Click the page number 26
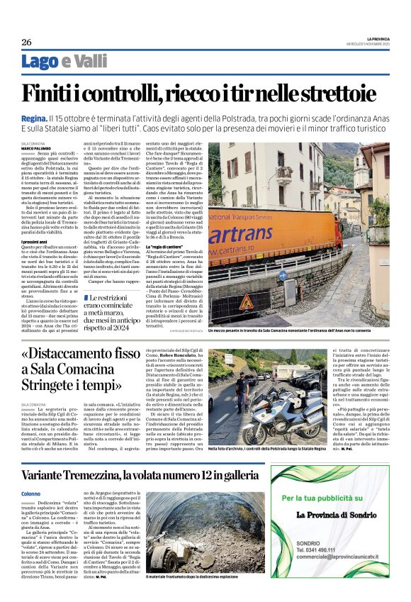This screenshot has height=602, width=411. (26, 43)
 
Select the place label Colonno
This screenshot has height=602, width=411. (31, 494)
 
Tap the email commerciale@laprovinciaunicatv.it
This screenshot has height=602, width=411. (330, 557)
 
